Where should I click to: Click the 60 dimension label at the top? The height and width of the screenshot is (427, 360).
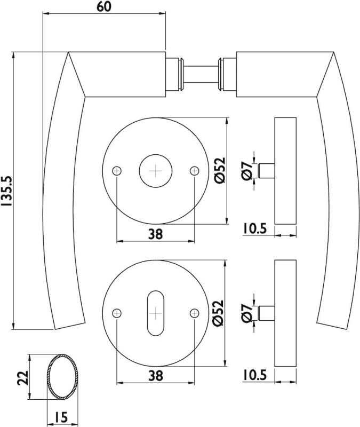tap(104, 6)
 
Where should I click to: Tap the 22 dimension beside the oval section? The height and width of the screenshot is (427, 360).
tap(23, 377)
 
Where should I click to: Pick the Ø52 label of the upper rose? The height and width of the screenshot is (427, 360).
tap(220, 170)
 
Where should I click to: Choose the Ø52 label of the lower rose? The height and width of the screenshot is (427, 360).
tap(218, 313)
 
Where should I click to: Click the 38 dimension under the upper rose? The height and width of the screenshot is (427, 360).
tap(155, 234)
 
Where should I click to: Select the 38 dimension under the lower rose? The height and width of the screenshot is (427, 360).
tap(155, 376)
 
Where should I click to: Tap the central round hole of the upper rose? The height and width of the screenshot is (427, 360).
tap(156, 171)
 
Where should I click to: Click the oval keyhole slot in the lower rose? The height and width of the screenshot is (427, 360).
tap(156, 313)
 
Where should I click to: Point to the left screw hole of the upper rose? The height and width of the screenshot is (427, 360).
tap(117, 171)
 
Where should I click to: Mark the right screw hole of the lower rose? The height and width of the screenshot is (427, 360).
tap(194, 313)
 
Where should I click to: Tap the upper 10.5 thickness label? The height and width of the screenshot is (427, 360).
tap(255, 229)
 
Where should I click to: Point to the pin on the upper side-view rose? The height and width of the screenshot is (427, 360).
tap(266, 171)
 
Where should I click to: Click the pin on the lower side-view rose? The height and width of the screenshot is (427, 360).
tap(266, 313)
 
